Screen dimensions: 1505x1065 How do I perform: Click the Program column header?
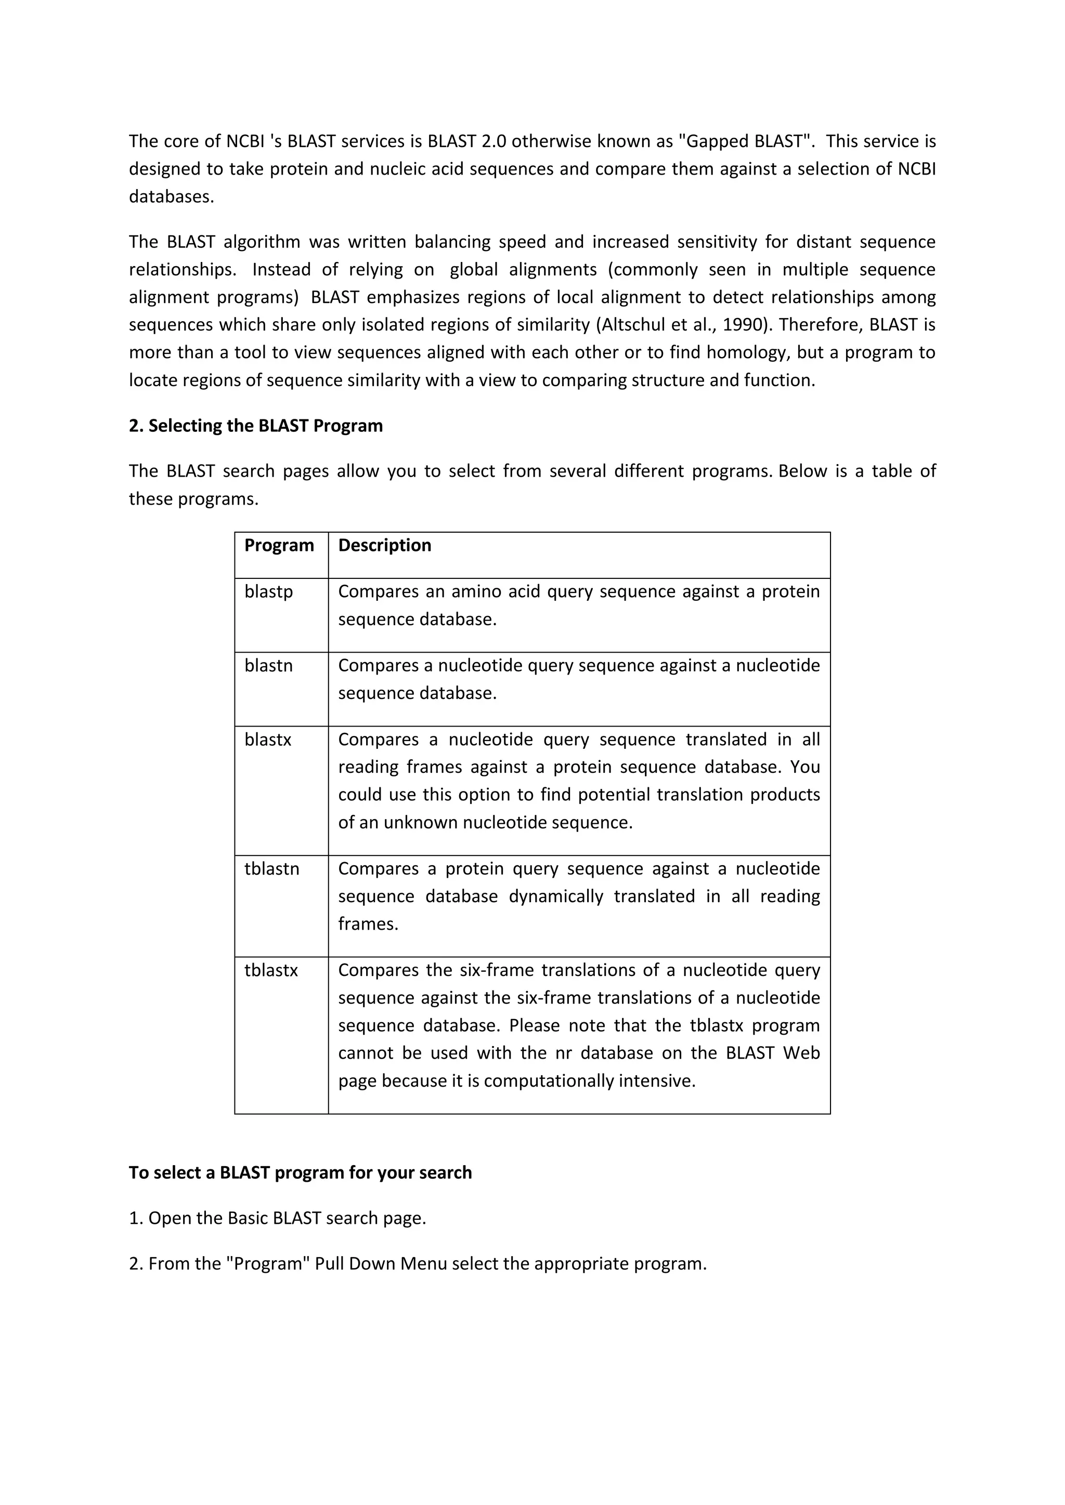[279, 545]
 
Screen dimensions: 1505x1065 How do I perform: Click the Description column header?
[384, 545]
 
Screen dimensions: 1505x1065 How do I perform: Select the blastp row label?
[268, 591]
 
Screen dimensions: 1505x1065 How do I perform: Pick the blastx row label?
[268, 740]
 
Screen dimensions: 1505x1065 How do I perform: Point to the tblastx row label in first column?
[271, 970]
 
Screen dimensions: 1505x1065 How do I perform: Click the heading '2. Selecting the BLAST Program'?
[256, 426]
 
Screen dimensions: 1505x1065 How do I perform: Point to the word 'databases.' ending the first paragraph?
[171, 196]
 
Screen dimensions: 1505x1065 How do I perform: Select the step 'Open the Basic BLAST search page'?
[287, 1218]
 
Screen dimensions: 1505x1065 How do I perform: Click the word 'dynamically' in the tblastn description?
[555, 896]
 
